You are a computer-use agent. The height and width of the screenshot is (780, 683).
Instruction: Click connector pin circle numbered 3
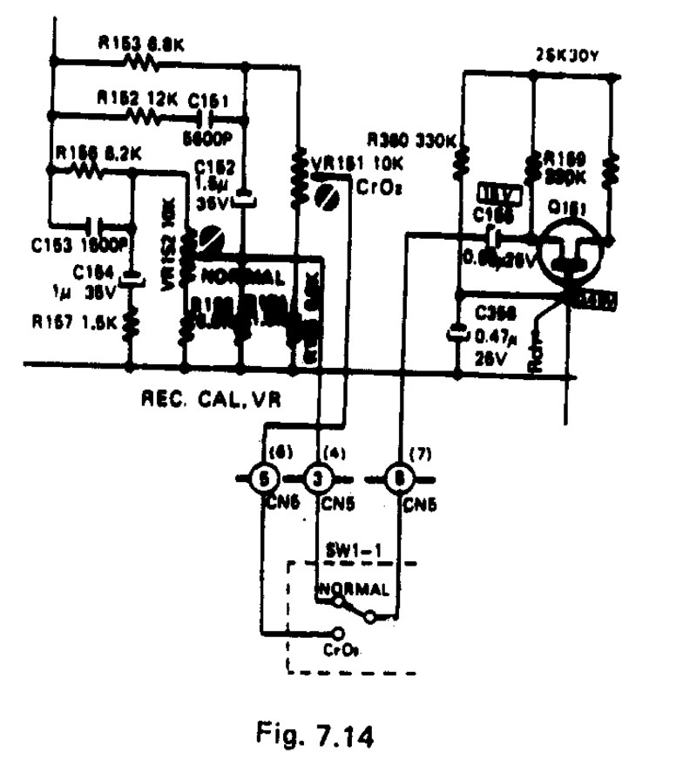[317, 478]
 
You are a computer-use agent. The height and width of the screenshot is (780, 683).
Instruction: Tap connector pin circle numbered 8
[400, 478]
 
